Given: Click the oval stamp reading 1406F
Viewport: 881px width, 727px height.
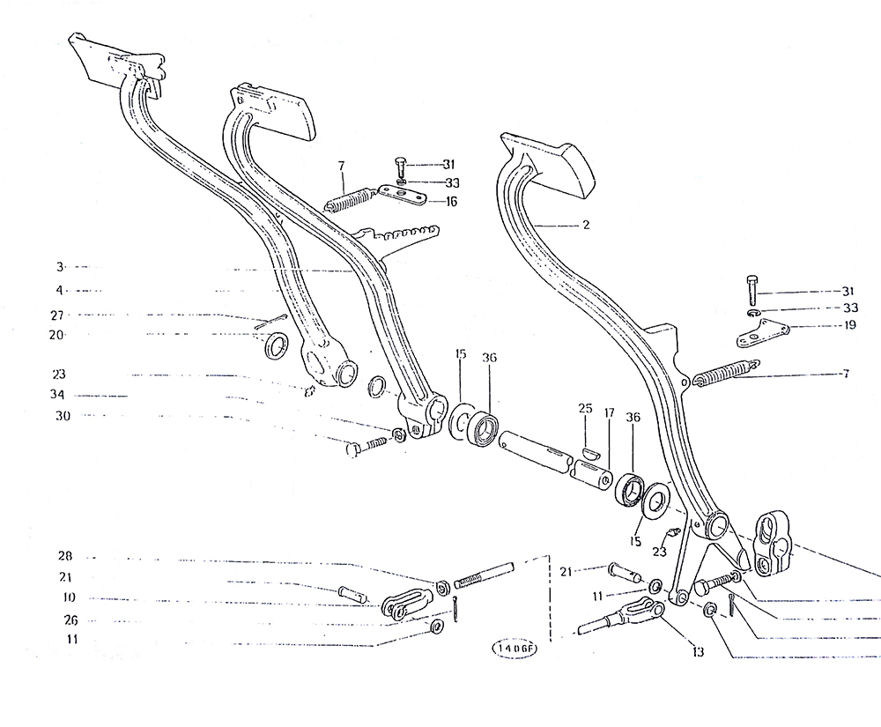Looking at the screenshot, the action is [x=515, y=649].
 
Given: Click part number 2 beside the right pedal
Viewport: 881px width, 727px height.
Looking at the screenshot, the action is [x=586, y=225].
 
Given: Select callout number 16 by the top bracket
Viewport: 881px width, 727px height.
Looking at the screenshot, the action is [x=451, y=201].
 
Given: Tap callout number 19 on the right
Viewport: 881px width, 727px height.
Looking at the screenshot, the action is [x=849, y=325].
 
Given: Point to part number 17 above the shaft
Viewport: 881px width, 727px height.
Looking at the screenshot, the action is [x=609, y=413].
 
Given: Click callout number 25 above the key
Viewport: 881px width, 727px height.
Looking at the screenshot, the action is [x=586, y=408].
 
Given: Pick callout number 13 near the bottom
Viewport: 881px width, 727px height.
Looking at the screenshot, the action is [x=699, y=652].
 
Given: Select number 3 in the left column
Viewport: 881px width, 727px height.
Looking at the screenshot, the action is [x=60, y=267].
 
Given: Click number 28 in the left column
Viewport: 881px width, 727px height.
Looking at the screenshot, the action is [x=65, y=556].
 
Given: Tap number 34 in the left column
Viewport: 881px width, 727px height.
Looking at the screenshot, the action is [x=57, y=395].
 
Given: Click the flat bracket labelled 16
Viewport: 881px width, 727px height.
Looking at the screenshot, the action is [x=403, y=194].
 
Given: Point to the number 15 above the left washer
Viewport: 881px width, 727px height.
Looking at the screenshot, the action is [x=461, y=354].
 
